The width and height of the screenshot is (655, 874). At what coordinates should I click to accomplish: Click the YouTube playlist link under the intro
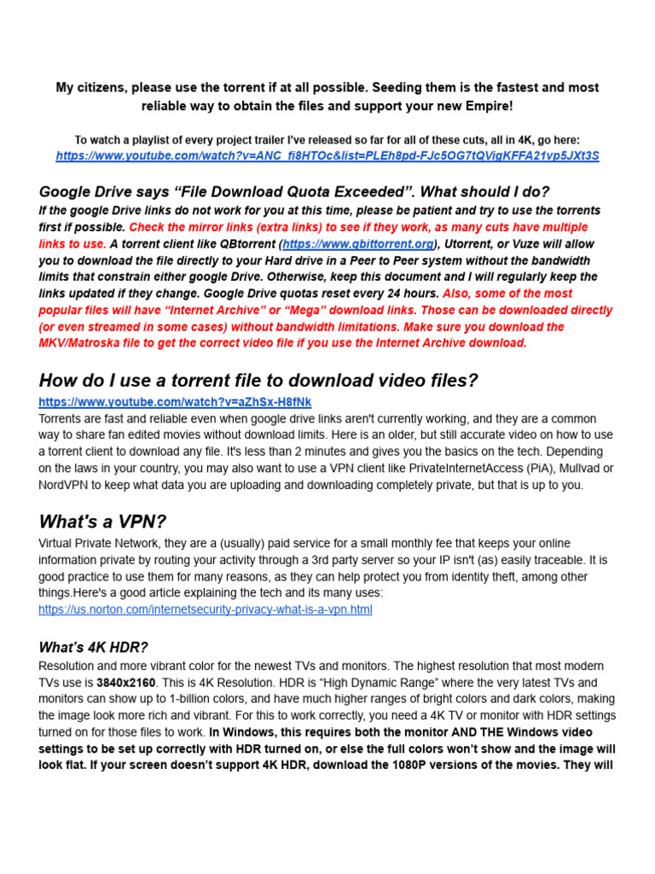coord(327,156)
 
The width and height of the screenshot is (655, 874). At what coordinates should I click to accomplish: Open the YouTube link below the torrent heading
coord(175,402)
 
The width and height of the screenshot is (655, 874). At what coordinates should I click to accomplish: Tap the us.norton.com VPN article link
coord(205,610)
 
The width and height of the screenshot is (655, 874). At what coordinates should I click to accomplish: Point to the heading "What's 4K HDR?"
coord(93,648)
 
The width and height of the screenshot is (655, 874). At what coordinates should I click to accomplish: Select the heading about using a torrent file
coord(258,380)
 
